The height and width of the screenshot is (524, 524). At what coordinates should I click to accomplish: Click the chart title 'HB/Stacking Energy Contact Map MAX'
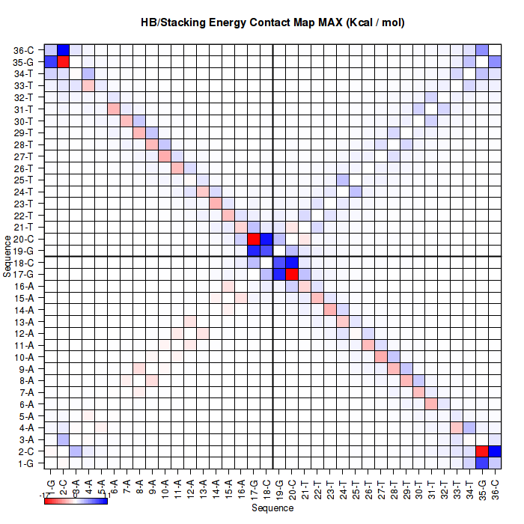(x=272, y=22)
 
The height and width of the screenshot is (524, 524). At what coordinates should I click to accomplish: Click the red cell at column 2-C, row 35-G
(x=64, y=61)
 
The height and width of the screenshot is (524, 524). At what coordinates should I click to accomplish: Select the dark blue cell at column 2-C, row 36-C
(x=64, y=50)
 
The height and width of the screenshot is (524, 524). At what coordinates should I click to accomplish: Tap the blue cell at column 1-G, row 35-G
(x=51, y=61)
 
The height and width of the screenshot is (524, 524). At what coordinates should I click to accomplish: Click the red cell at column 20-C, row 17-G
(x=292, y=274)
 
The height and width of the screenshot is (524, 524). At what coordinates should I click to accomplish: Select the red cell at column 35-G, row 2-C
(x=482, y=451)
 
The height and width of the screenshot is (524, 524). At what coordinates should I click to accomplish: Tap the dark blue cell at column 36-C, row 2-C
(x=494, y=451)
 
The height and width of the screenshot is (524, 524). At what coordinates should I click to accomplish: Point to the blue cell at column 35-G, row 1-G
(x=482, y=463)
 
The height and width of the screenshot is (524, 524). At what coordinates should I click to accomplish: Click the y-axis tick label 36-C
(x=23, y=50)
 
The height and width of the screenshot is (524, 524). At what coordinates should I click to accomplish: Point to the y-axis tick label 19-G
(x=23, y=251)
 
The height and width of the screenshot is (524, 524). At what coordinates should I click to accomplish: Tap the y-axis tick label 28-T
(x=23, y=144)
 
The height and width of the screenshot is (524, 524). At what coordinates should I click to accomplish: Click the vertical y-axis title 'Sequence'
(x=7, y=256)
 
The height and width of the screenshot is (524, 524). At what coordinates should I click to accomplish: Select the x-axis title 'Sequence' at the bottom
(x=272, y=508)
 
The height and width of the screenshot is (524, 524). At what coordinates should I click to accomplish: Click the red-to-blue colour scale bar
(x=76, y=500)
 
